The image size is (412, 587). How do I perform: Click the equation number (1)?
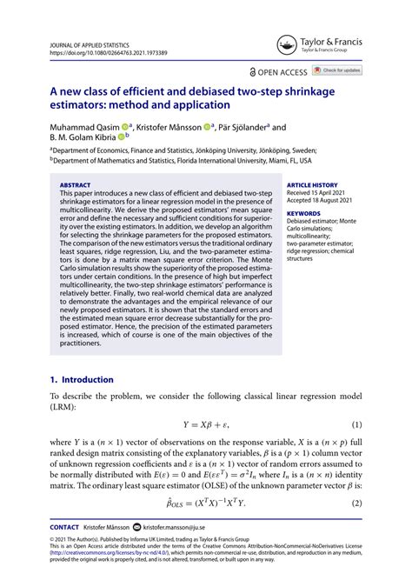356,424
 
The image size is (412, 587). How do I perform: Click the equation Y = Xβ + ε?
205,424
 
